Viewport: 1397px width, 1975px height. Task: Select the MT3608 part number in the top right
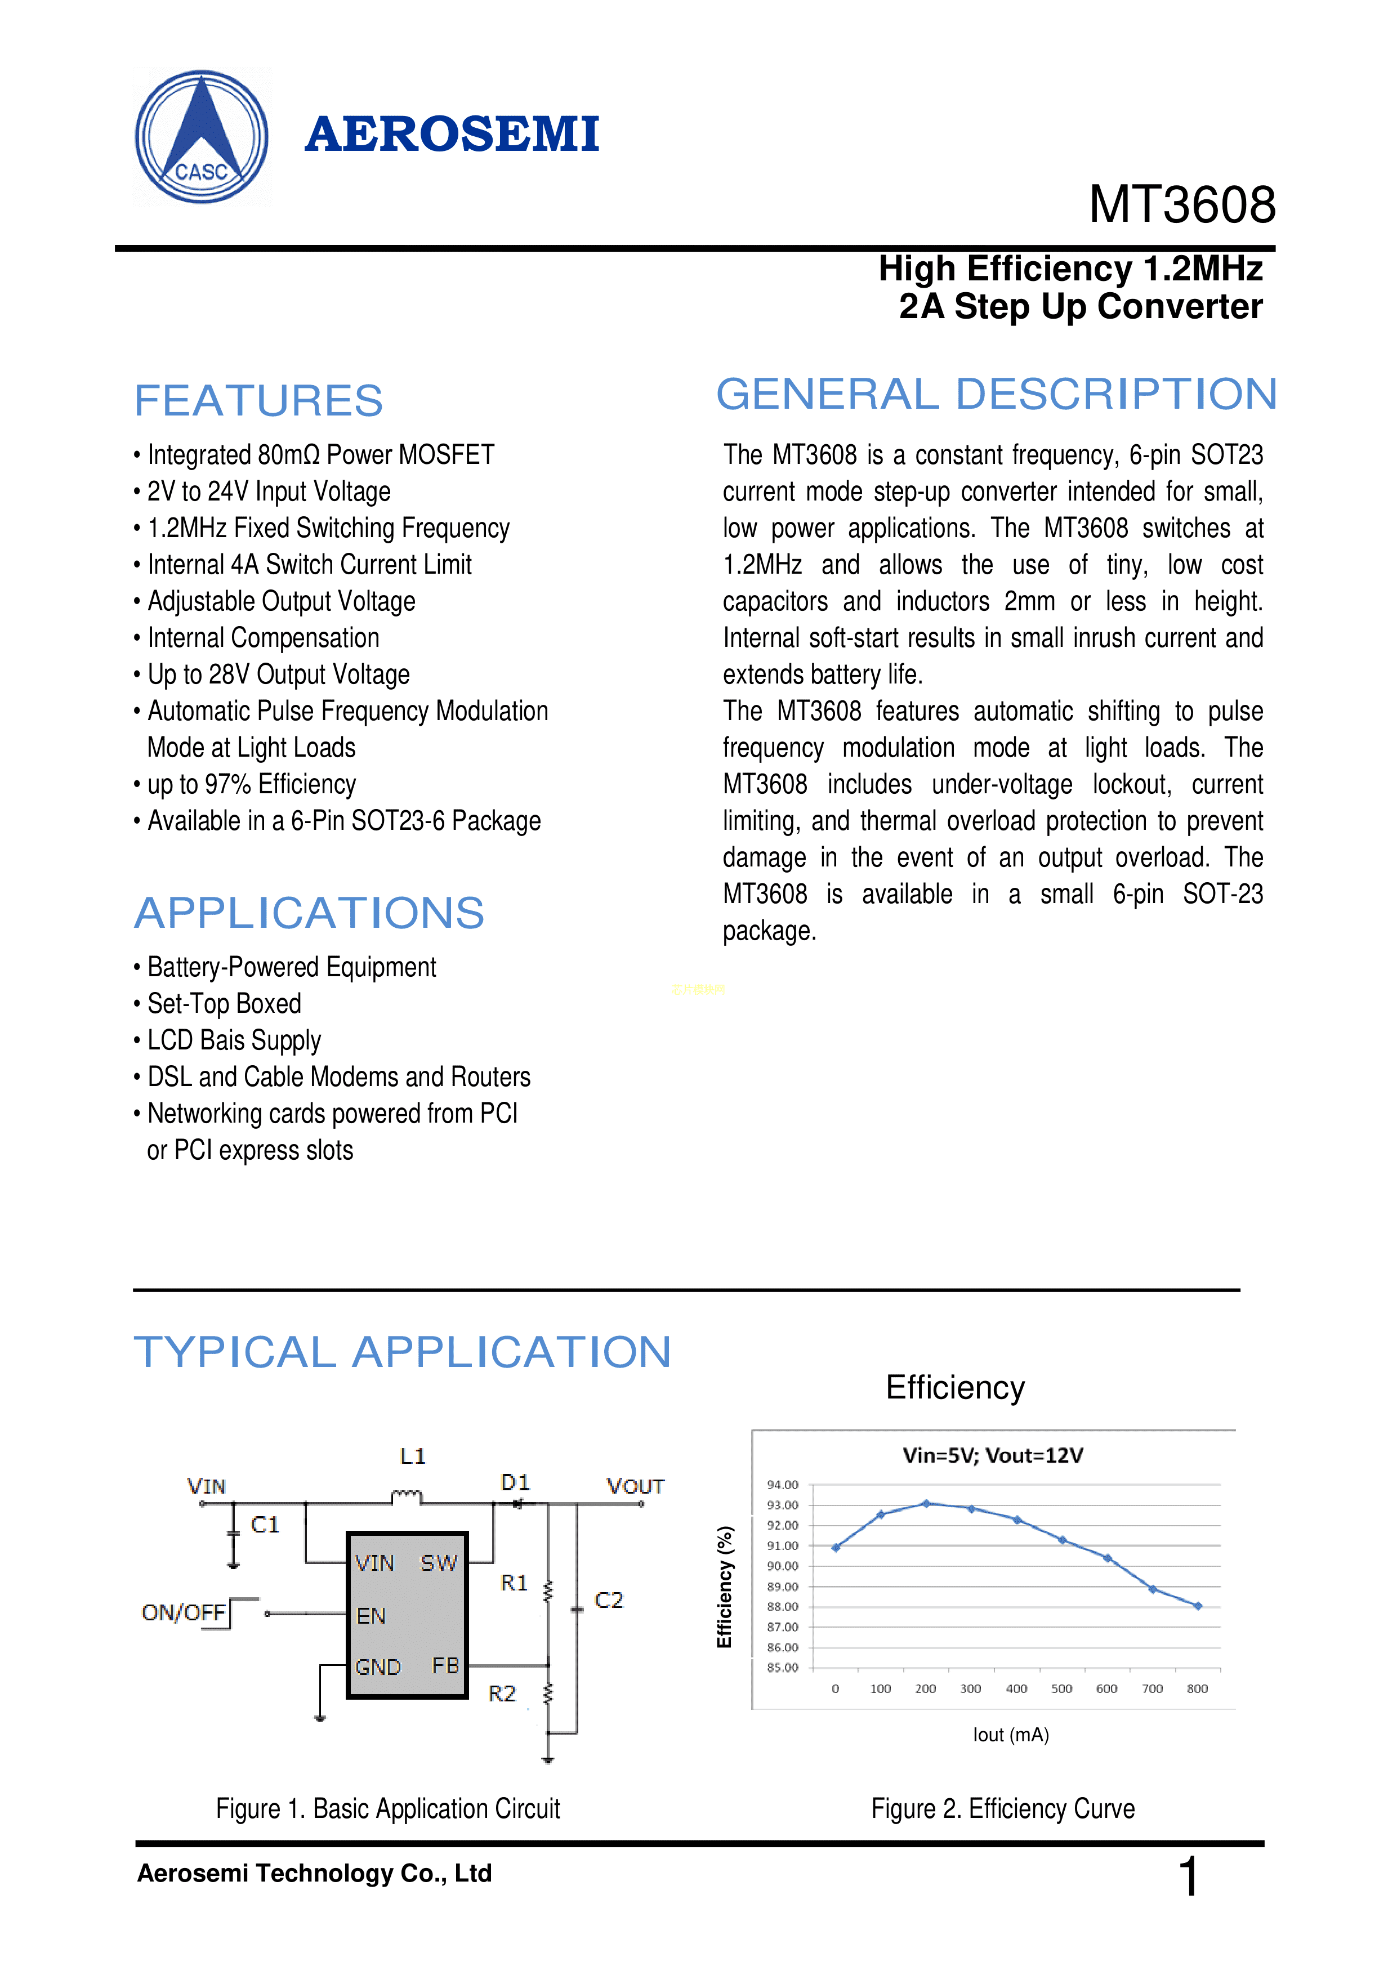pyautogui.click(x=1182, y=205)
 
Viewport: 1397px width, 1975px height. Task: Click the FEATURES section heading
pyautogui.click(x=258, y=401)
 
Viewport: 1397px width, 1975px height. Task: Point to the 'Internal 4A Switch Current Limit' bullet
pyautogui.click(x=303, y=564)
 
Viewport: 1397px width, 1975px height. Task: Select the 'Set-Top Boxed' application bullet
pyautogui.click(x=218, y=1004)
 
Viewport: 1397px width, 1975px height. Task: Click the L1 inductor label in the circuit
pyautogui.click(x=413, y=1456)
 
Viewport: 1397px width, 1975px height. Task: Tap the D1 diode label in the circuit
pyautogui.click(x=515, y=1482)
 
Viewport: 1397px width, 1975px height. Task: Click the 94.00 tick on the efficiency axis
pyautogui.click(x=783, y=1485)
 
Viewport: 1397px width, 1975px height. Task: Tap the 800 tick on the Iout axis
pyautogui.click(x=1198, y=1688)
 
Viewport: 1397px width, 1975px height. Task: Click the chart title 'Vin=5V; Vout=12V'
pyautogui.click(x=993, y=1455)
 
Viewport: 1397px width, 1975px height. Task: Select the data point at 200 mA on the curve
pyautogui.click(x=926, y=1504)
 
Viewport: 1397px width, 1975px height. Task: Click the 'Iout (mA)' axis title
pyautogui.click(x=1011, y=1735)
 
